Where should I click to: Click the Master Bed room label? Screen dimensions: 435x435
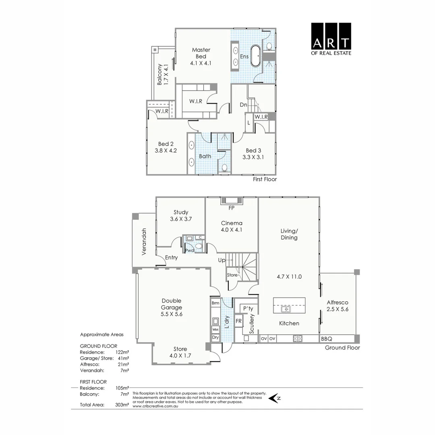tap(201, 53)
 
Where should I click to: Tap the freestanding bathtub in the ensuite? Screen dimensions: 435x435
tap(256, 56)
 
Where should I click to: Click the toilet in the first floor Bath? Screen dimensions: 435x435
tap(225, 167)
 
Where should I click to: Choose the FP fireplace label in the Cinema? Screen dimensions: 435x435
tap(231, 208)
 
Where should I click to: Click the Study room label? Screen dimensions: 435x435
tap(181, 212)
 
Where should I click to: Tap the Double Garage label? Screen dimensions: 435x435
tap(172, 304)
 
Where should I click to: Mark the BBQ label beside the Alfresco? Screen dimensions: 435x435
tap(326, 339)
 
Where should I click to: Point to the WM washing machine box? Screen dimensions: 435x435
tap(215, 329)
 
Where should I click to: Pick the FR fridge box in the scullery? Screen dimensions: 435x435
tap(239, 321)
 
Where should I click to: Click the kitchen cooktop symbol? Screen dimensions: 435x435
tap(298, 339)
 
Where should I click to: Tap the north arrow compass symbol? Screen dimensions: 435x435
tap(275, 398)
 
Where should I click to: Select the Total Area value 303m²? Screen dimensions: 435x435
tap(122, 405)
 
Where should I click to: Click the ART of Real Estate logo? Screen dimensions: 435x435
tap(331, 39)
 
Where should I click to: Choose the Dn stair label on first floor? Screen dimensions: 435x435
tap(243, 105)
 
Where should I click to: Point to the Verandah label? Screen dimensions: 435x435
tap(143, 241)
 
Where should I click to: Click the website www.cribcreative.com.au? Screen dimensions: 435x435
tap(155, 406)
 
